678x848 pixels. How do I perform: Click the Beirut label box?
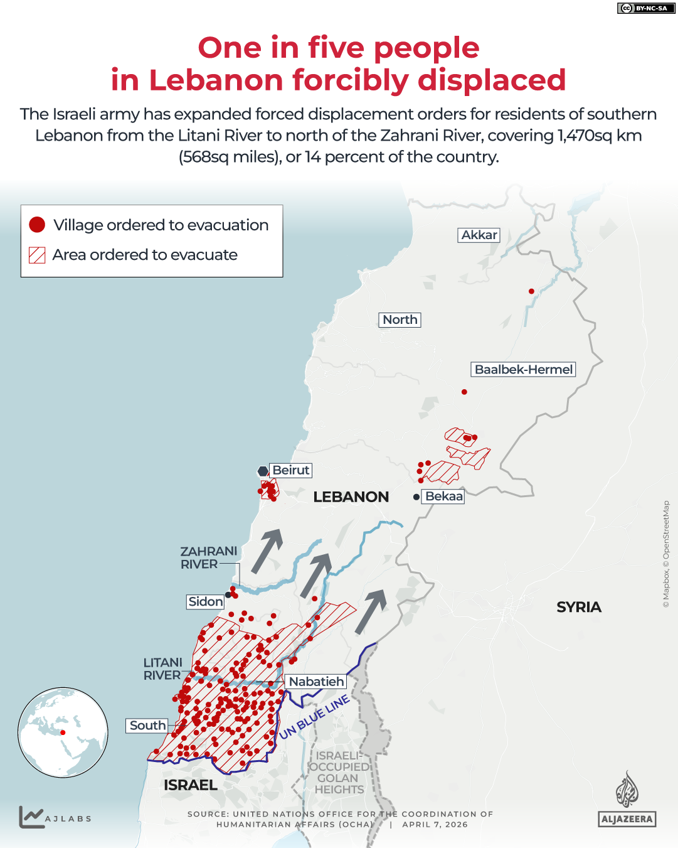pos(290,470)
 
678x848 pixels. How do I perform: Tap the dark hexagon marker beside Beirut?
pos(263,471)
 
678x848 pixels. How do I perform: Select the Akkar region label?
pos(479,235)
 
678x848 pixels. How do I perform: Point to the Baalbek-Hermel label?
pos(523,369)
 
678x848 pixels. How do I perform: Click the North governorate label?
pos(400,319)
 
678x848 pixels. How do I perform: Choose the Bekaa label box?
pos(443,496)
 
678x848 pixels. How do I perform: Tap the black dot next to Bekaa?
pos(416,496)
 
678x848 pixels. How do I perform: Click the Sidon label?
pos(205,601)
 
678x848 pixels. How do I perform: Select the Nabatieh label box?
pos(316,681)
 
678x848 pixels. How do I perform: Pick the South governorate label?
pos(147,726)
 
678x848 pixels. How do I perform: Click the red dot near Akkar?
pos(531,291)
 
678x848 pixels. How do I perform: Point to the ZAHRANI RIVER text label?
pos(208,557)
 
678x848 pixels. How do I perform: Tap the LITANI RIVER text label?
pos(162,669)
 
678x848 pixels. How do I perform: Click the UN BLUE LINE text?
pos(314,717)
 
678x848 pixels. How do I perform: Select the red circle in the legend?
pos(37,225)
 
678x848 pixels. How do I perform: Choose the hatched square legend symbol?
pos(37,255)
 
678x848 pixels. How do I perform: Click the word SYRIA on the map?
pos(578,607)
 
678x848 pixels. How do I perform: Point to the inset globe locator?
pos(63,733)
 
